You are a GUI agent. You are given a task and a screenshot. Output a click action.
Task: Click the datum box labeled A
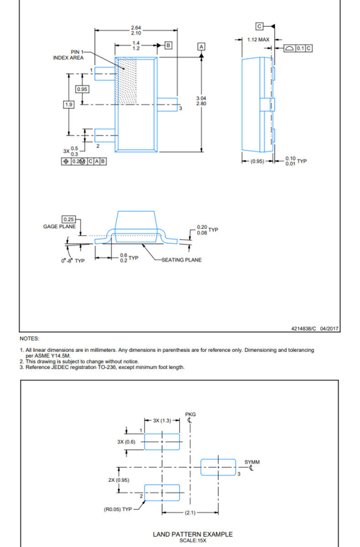point(201,46)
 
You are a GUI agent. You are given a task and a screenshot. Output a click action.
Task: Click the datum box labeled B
point(168,46)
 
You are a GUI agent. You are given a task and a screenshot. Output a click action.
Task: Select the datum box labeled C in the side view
point(259,26)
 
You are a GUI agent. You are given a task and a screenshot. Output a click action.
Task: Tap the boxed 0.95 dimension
point(82,89)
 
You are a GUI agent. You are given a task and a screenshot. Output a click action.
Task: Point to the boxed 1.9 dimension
point(69,104)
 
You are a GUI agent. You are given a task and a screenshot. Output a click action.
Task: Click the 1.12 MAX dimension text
point(258,40)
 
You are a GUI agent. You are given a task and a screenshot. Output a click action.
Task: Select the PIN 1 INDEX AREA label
point(69,55)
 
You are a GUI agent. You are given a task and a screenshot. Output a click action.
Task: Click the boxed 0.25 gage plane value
point(69,219)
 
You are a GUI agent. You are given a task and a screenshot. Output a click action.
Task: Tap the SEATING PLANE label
point(181,260)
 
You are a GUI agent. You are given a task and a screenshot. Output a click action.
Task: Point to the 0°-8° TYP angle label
point(73,261)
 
